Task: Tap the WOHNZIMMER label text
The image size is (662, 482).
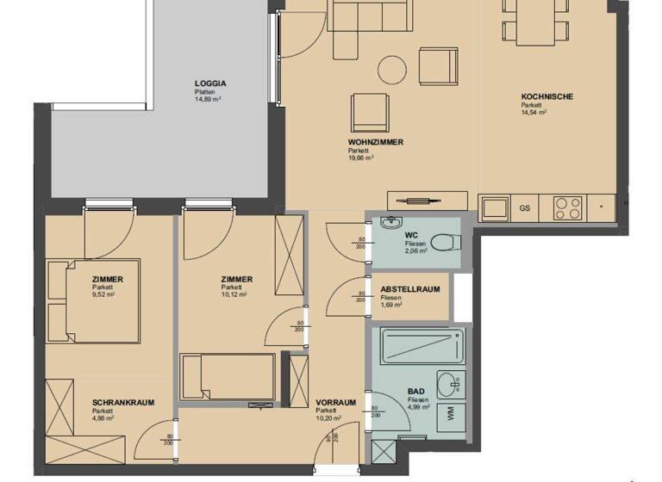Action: [376, 141]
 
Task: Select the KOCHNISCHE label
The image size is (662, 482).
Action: [546, 96]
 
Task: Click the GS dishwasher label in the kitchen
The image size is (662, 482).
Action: [524, 207]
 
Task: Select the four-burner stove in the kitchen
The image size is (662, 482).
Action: [566, 207]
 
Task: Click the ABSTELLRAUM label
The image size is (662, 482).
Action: [410, 289]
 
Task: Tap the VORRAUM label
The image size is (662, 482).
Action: [335, 402]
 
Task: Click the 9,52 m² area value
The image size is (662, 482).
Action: [103, 294]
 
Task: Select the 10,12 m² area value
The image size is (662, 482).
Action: [234, 294]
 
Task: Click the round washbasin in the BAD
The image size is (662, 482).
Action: [447, 382]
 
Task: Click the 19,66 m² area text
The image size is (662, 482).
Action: [360, 158]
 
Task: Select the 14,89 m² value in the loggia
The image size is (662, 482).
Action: [208, 100]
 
